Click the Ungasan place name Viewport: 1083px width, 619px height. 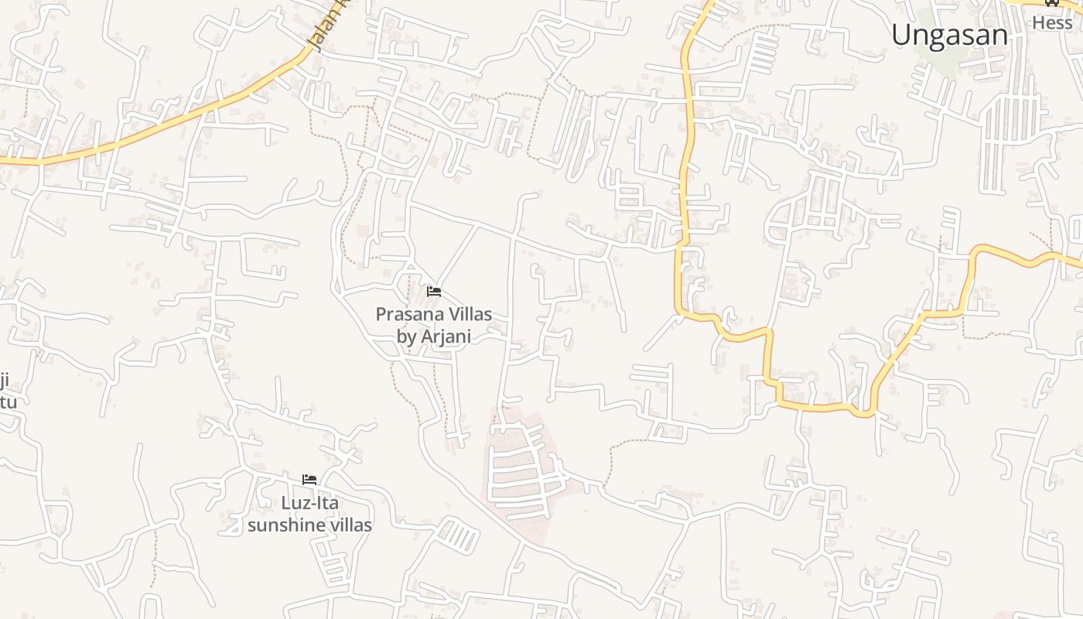(949, 35)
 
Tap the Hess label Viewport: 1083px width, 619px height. (1052, 22)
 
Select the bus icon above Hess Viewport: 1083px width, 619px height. (1052, 2)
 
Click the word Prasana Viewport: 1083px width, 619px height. (407, 314)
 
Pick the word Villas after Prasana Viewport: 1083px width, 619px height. (467, 314)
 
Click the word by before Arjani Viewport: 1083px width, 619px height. (406, 337)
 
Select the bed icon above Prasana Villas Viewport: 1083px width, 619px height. (434, 292)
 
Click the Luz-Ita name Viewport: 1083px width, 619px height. (309, 502)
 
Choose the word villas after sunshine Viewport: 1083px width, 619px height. (351, 525)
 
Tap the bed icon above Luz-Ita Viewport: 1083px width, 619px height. (309, 480)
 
